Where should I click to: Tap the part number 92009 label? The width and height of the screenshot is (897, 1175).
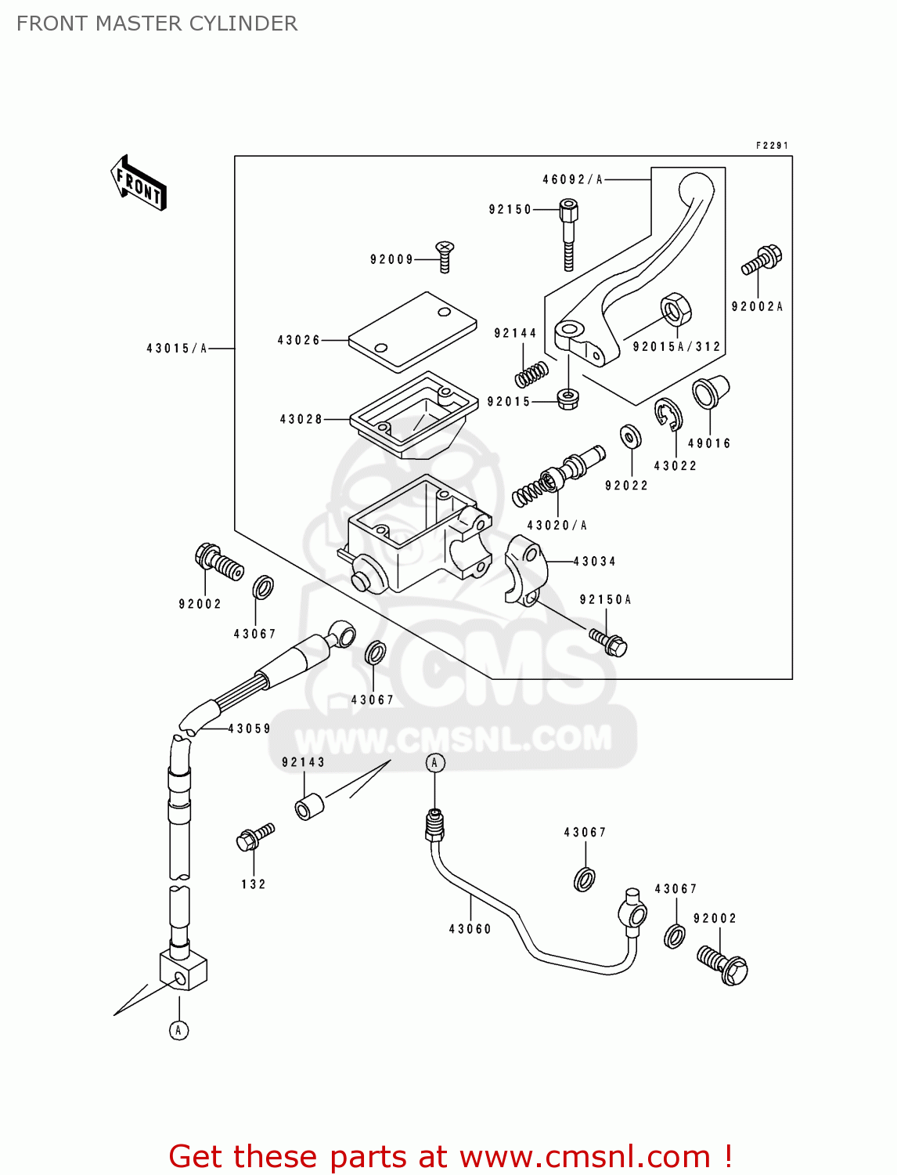point(391,259)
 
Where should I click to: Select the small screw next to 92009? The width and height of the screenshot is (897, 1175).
point(445,255)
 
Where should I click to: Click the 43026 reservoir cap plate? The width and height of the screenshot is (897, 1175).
point(412,331)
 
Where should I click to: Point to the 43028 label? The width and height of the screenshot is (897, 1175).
point(301,419)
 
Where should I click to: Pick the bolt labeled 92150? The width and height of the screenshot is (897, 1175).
point(568,233)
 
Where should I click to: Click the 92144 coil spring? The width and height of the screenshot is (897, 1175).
point(531,374)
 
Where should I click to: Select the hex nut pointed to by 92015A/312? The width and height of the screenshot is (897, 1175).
point(675,309)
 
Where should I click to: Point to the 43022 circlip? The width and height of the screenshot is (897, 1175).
point(668,414)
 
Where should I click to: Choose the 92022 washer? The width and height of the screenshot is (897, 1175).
point(630,436)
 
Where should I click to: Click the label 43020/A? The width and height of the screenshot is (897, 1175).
point(557,526)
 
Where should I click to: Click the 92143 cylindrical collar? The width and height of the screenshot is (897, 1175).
point(309,807)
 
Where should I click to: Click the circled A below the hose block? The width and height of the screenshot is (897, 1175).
point(178,1030)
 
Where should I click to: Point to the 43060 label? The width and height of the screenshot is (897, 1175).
point(470,929)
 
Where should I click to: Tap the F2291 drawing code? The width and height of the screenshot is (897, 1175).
point(772,146)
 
